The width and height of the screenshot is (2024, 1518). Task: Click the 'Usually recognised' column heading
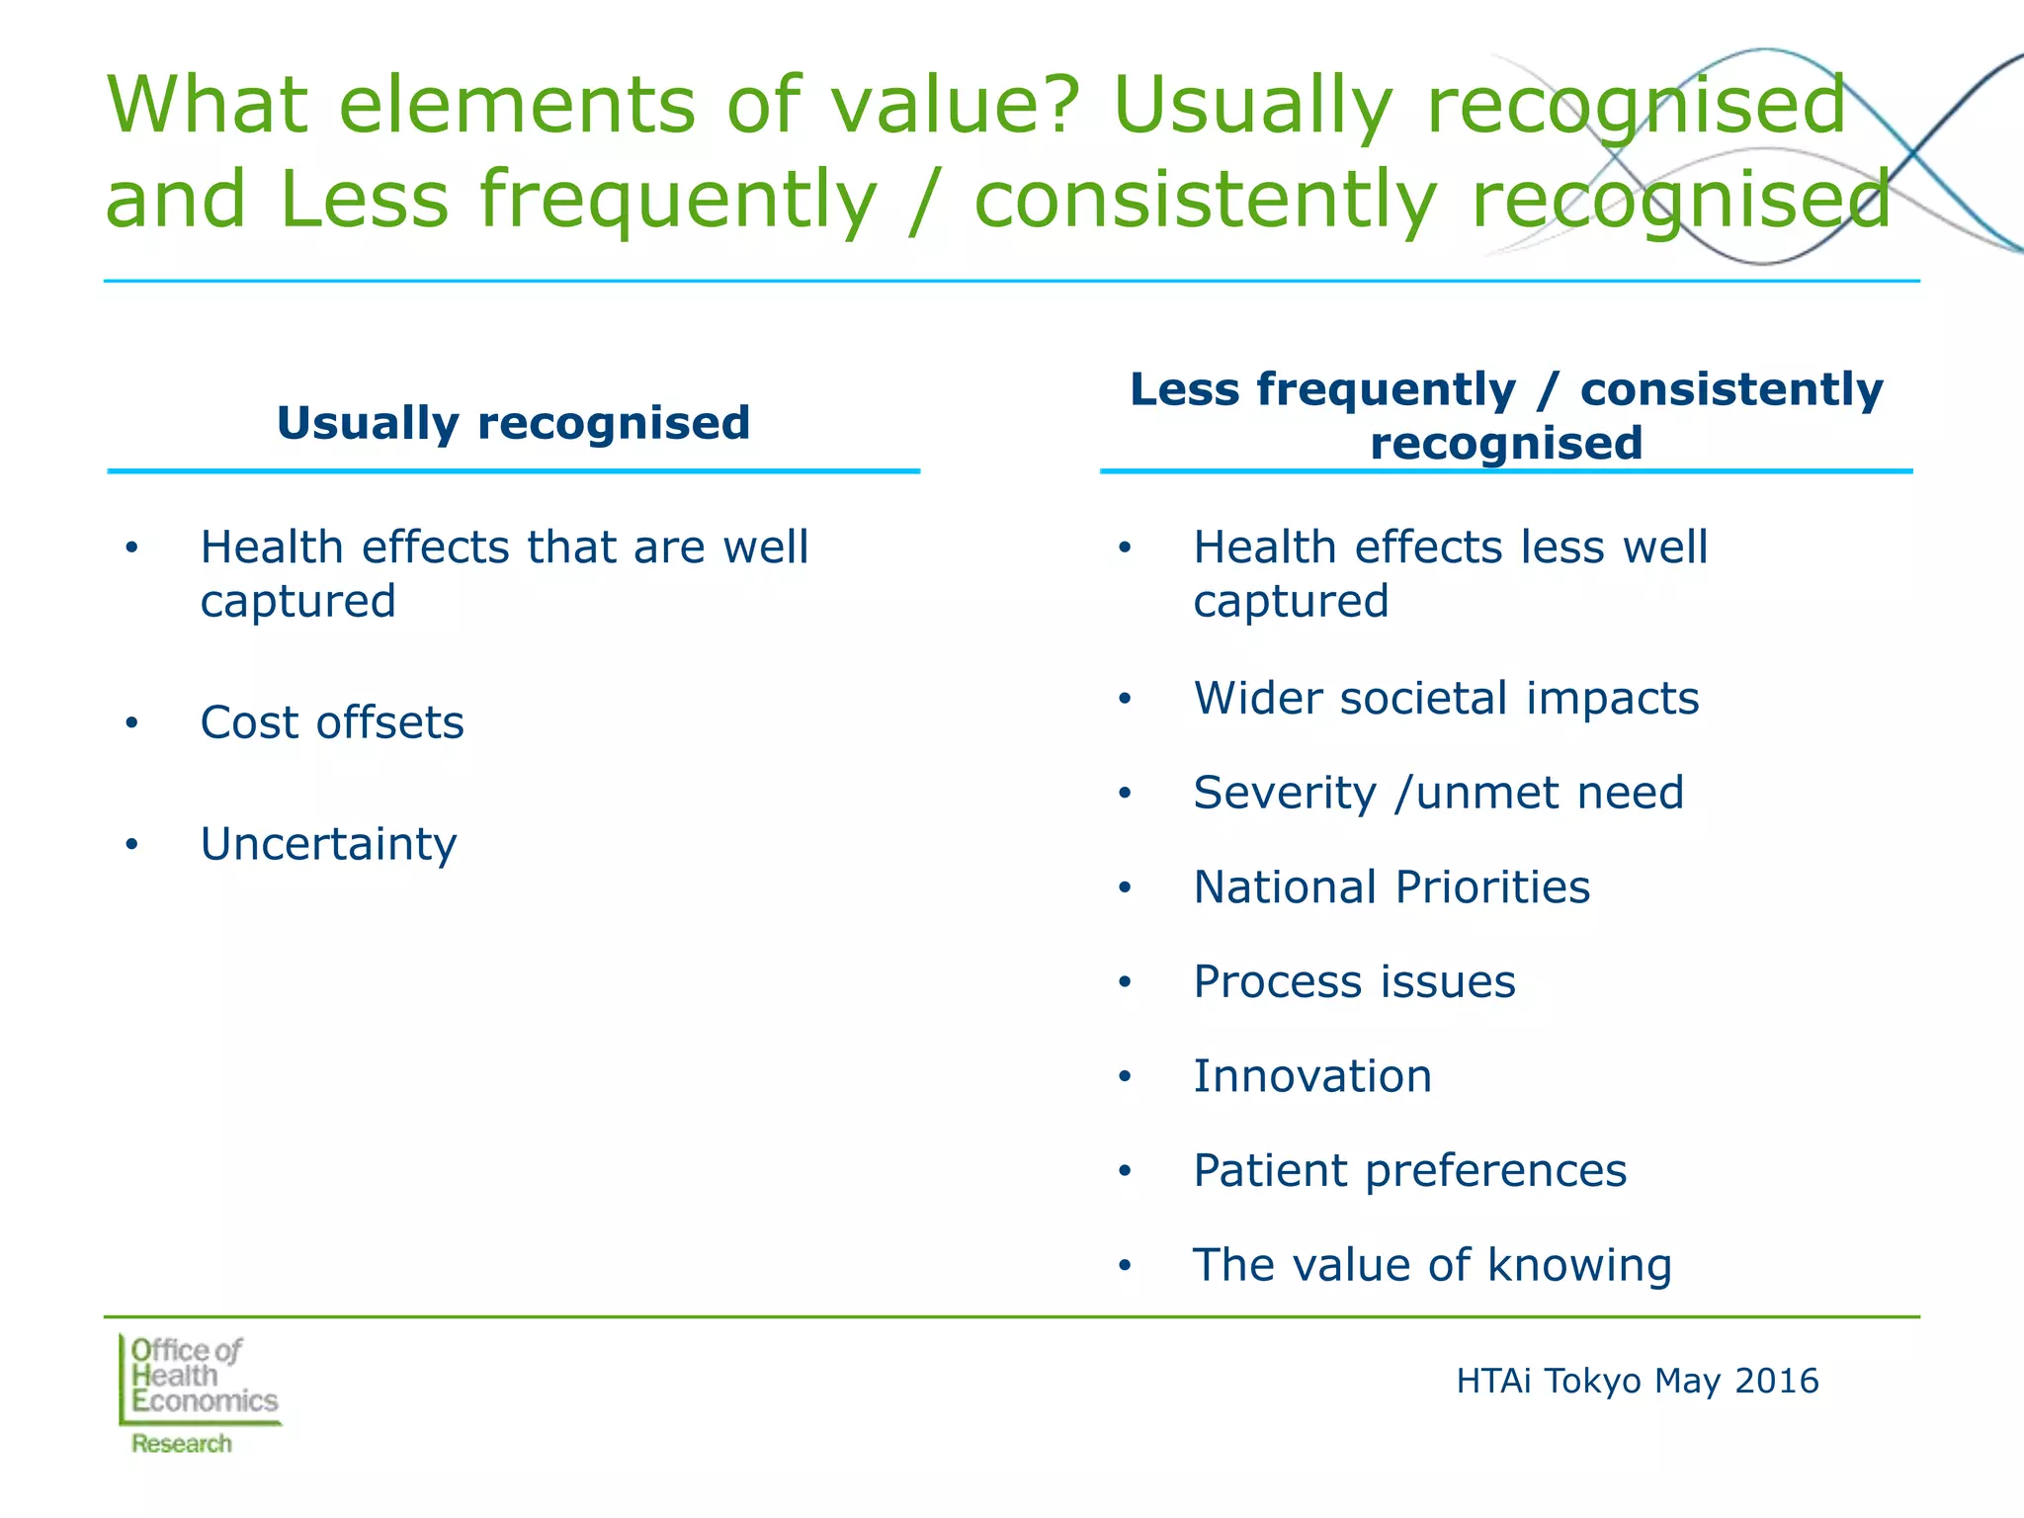(513, 423)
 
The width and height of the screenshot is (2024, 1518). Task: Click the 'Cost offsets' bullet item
(331, 722)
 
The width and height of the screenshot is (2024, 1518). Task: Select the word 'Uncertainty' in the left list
(328, 844)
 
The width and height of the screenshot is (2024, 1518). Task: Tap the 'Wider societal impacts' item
(1446, 698)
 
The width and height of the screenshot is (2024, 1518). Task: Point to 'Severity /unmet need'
(1438, 793)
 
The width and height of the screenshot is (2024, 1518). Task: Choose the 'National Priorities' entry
(1391, 886)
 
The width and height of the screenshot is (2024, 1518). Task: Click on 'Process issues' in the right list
(1354, 981)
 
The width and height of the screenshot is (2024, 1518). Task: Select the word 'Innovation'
(1312, 1075)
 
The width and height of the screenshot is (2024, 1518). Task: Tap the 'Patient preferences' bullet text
(1409, 1170)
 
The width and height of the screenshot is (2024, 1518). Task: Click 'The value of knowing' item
(1432, 1265)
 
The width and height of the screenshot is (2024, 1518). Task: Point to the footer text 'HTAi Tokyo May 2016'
(1637, 1381)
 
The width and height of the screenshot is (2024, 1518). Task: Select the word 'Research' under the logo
(182, 1444)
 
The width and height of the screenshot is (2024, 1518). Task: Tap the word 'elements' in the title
(516, 105)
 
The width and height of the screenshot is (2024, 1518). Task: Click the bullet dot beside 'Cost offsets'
(132, 723)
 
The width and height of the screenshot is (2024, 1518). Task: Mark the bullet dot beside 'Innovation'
(1125, 1077)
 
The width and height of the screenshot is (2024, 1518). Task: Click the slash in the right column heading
(1549, 390)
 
